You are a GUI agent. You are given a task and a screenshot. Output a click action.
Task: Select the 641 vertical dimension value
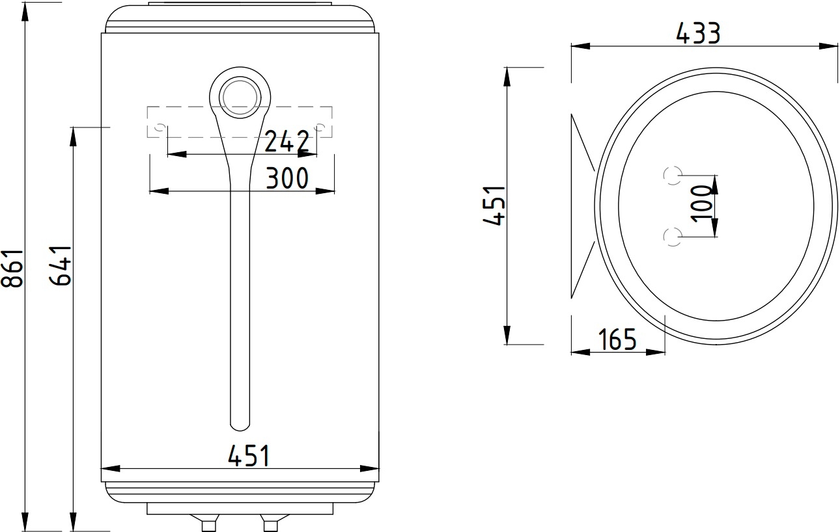[x=61, y=265]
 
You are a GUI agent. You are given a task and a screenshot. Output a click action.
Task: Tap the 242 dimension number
[x=287, y=142]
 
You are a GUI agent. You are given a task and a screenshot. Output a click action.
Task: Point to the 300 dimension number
[x=287, y=178]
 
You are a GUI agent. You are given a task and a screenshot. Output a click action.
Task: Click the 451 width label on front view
[x=249, y=455]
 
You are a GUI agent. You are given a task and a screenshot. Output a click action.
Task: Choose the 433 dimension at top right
[x=698, y=33]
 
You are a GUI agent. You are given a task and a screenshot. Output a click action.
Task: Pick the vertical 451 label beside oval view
[x=494, y=206]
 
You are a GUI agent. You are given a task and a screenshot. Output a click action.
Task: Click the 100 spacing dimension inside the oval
[x=701, y=205]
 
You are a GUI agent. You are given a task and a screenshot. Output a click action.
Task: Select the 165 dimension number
[x=617, y=339]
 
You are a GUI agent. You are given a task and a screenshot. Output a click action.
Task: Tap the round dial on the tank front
[x=240, y=98]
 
